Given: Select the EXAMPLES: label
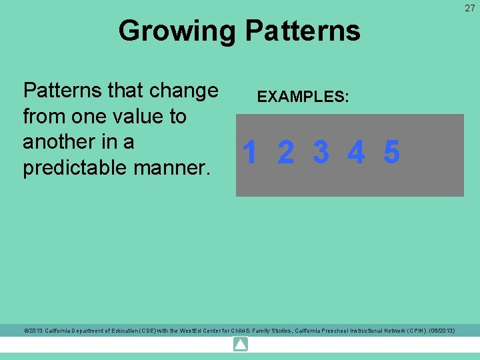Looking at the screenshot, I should tap(303, 97).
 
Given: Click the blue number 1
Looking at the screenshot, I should tap(250, 153).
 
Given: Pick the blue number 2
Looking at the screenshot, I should tap(285, 153).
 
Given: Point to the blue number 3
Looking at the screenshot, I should tap(321, 153).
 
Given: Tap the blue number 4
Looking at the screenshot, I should tap(356, 153).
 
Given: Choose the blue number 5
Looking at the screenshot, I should tap(391, 153).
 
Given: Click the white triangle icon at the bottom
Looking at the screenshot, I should tap(241, 345).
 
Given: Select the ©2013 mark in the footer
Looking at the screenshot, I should tap(34, 331).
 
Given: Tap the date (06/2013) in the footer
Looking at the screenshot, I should tap(441, 331).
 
